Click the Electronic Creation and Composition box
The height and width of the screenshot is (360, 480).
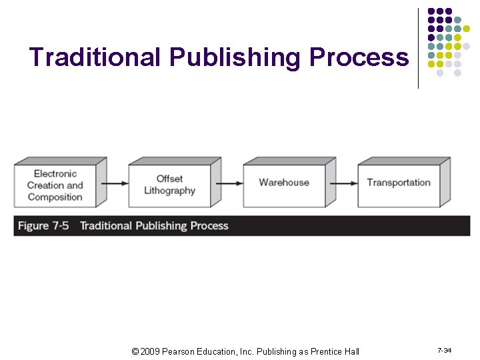[55, 185]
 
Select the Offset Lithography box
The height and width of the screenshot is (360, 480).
[170, 185]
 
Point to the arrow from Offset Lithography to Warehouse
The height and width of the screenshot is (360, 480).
[231, 183]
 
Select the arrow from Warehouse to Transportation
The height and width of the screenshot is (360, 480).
[345, 183]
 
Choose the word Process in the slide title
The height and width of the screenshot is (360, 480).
[359, 57]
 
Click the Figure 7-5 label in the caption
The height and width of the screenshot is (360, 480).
[43, 226]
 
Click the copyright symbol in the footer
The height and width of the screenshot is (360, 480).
[135, 351]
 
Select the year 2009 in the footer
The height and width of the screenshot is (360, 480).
[150, 351]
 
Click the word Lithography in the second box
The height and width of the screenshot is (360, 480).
[170, 191]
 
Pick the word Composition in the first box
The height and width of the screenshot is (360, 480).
[55, 197]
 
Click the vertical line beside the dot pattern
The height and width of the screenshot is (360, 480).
[418, 48]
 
